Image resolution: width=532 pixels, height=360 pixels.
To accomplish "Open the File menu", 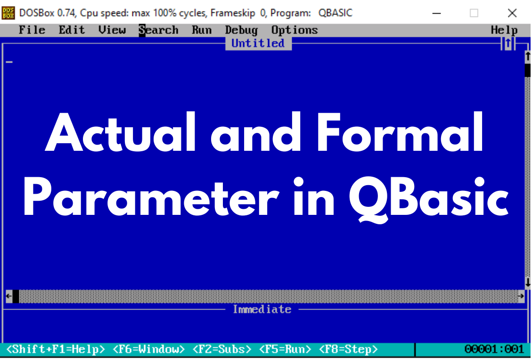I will click(32, 30).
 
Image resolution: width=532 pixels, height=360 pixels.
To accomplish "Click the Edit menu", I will click(72, 30).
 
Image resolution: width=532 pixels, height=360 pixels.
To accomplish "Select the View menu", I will click(112, 30).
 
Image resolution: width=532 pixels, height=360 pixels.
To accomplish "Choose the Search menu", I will click(158, 30).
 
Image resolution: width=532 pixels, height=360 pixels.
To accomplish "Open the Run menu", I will click(202, 30).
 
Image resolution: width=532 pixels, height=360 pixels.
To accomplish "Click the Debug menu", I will click(241, 30).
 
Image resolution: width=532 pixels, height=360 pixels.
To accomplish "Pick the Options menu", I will click(295, 30).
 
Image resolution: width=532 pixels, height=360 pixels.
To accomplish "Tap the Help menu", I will click(504, 30).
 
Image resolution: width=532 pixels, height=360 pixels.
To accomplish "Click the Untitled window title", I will click(258, 43).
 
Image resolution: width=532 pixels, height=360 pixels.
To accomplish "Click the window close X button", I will click(512, 13).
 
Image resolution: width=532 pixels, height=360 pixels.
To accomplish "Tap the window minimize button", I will click(437, 13).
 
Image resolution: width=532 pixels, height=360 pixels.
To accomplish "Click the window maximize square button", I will click(474, 13).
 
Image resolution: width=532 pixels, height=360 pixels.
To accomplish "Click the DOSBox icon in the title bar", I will click(8, 13).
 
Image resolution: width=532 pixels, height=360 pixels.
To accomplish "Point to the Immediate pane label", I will click(262, 310).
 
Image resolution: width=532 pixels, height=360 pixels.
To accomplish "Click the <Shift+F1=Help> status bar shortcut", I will click(56, 349).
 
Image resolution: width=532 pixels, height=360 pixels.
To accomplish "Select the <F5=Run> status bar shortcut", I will click(285, 349).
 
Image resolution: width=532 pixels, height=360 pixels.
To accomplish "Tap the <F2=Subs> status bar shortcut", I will click(221, 349).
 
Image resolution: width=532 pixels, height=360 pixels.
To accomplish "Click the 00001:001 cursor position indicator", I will click(494, 349).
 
